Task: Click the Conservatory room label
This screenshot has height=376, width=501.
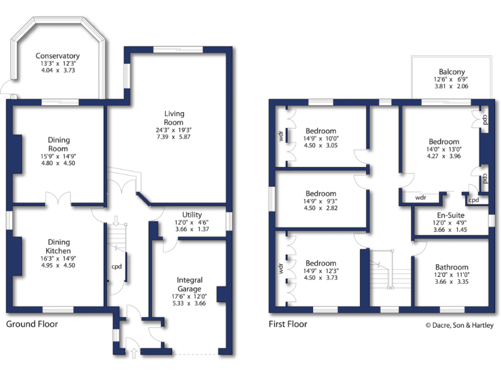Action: pos(58,56)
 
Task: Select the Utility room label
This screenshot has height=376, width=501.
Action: pos(192,215)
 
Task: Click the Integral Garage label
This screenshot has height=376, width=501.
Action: pos(189,284)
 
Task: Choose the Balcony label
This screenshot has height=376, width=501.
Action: pos(451,72)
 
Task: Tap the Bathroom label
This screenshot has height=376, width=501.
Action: pos(451,268)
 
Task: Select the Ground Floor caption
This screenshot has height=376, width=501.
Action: pos(32,324)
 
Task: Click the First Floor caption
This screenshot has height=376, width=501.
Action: pos(288,324)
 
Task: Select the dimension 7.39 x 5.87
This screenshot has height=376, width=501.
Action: pos(174,136)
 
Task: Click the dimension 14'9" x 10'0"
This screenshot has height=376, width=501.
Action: pos(321,138)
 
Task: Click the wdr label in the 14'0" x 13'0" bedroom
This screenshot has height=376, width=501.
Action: pos(421,196)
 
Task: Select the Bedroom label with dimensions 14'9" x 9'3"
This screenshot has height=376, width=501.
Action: pos(321,194)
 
